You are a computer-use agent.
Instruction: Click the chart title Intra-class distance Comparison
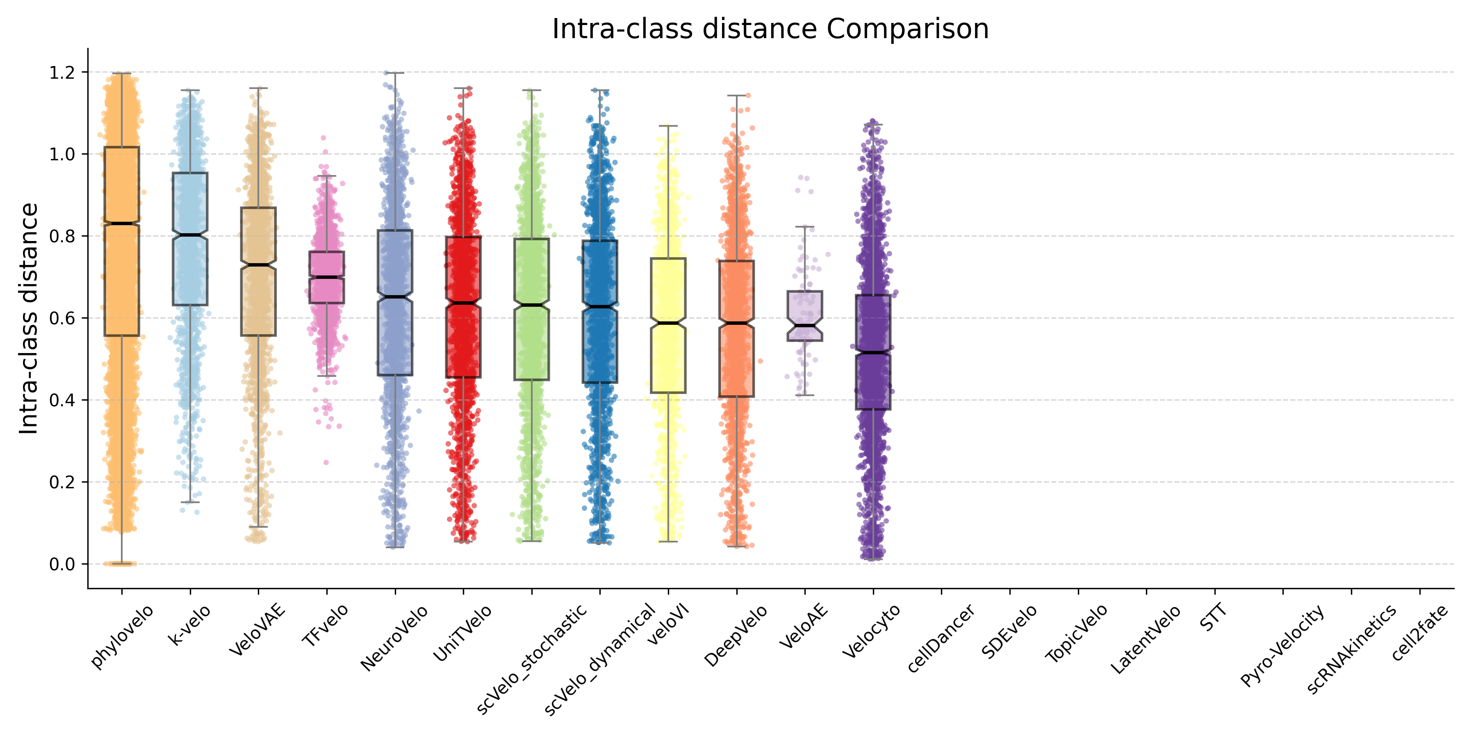point(770,29)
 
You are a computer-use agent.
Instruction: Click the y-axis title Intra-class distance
point(29,319)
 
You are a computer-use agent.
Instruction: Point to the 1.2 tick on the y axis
point(62,73)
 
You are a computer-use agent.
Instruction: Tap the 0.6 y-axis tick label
point(62,319)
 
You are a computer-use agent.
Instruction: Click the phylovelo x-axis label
point(122,636)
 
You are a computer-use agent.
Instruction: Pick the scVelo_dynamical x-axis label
point(599,659)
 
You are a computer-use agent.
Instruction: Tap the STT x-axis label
point(1213,618)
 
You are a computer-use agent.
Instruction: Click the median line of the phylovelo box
point(121,223)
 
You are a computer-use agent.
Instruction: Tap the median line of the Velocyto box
point(872,352)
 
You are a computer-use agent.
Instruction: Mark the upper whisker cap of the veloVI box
point(668,126)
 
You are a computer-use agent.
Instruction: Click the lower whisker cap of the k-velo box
point(190,503)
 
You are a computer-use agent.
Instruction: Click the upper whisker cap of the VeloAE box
point(805,227)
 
